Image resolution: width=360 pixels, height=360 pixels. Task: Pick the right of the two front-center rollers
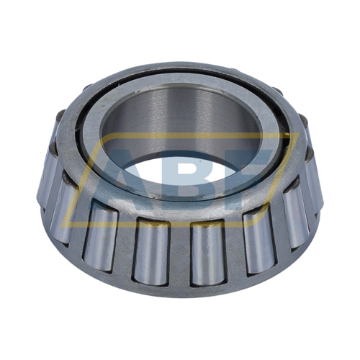(x=208, y=253)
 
